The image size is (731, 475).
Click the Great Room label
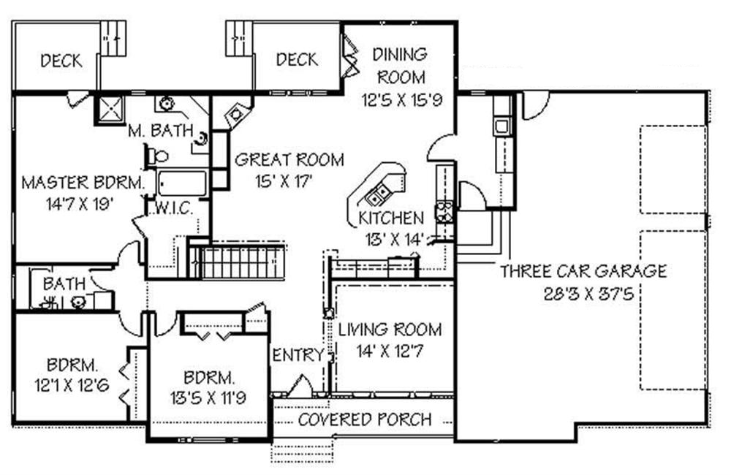[x=289, y=160]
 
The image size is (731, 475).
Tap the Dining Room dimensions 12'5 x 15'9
[x=402, y=100]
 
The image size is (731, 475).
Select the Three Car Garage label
[x=583, y=271]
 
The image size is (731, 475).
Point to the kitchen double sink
[x=378, y=194]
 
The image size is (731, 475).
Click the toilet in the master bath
[x=156, y=156]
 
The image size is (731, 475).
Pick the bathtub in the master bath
[x=182, y=183]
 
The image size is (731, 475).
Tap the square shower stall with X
[x=110, y=110]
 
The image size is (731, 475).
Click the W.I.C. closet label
[x=173, y=208]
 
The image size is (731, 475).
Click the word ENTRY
[x=298, y=355]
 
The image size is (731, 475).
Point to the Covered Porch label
[x=365, y=419]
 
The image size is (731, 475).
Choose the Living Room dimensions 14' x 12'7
[x=390, y=351]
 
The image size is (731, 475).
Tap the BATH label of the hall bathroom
[x=64, y=284]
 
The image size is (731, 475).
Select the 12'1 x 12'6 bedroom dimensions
[x=72, y=386]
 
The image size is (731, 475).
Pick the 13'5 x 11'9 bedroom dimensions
[x=208, y=398]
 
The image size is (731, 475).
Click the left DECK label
[x=61, y=61]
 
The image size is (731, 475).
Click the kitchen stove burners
[x=444, y=212]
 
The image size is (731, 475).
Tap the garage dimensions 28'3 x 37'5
[x=588, y=294]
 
